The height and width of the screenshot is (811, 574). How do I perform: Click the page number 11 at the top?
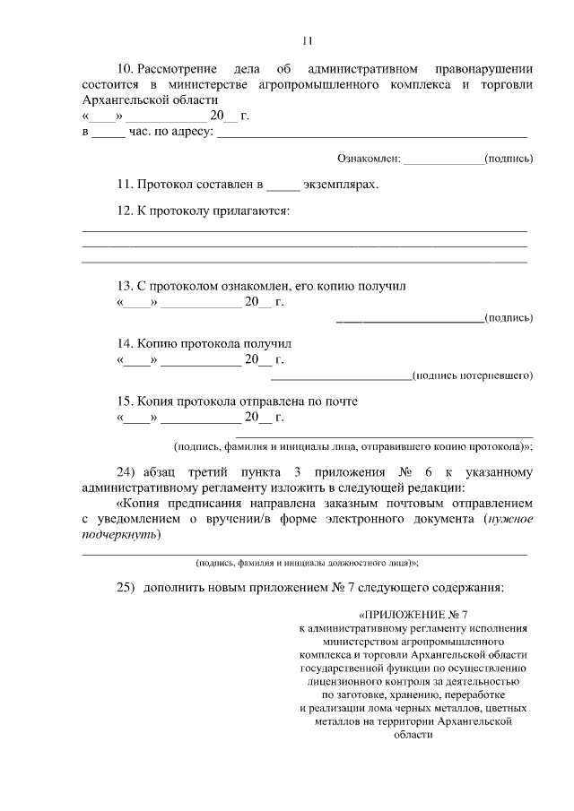point(306,39)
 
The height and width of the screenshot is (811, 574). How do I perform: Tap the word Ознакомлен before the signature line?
point(368,159)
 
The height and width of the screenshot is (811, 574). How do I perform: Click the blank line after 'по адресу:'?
point(372,133)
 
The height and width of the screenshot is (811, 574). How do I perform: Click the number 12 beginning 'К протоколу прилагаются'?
point(125,211)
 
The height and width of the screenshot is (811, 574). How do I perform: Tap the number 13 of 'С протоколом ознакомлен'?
point(125,286)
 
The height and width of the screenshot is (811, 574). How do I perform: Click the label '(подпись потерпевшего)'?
point(472,375)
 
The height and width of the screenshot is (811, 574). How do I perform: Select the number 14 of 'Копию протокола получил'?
point(125,343)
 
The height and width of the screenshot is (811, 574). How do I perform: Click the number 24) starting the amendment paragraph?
point(126,472)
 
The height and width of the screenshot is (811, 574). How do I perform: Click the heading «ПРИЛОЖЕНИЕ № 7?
point(413,616)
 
